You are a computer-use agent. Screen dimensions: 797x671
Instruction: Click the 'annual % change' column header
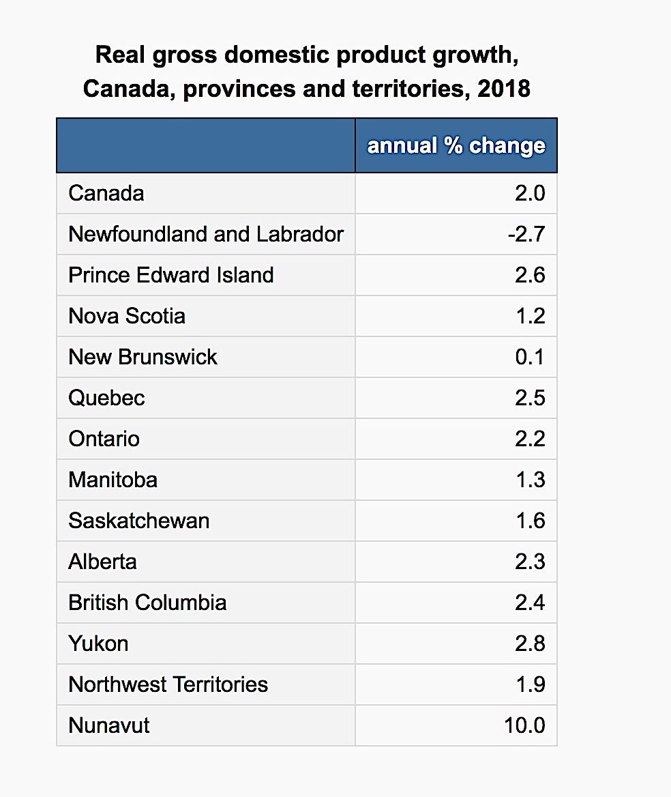click(x=456, y=146)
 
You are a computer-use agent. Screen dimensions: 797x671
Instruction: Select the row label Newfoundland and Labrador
click(x=206, y=234)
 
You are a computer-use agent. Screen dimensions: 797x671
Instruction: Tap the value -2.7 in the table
click(x=526, y=234)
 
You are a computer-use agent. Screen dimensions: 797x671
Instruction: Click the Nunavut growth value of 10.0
click(x=524, y=725)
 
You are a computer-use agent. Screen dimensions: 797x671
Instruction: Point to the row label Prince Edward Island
click(x=171, y=275)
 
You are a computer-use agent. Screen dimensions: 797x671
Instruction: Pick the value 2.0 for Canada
click(x=530, y=193)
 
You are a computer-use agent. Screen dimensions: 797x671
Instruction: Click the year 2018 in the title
click(x=504, y=89)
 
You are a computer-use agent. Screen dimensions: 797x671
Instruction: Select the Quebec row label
click(x=107, y=398)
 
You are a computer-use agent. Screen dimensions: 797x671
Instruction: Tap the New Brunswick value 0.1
click(x=530, y=357)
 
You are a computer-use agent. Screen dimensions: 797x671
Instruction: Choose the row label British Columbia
click(x=148, y=603)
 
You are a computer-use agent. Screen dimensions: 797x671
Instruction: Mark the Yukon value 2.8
click(x=530, y=643)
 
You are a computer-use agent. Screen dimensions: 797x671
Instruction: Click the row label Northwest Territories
click(x=168, y=684)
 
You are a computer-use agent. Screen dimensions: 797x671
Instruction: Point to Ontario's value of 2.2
click(x=530, y=439)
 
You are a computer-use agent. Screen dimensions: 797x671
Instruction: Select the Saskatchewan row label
click(x=139, y=521)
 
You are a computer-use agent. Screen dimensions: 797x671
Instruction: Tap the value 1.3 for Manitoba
click(x=530, y=480)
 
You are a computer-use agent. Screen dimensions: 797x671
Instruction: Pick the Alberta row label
click(x=103, y=562)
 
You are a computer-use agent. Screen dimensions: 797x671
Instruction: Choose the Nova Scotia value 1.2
click(x=530, y=316)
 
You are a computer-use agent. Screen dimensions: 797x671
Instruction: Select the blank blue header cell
click(x=206, y=145)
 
